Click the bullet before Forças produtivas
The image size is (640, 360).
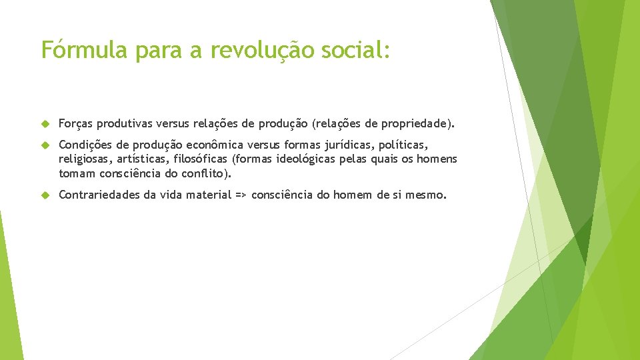[x=45, y=123]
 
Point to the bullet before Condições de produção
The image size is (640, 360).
[x=45, y=145]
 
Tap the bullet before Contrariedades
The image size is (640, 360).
[x=45, y=195]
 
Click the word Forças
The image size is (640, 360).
[x=75, y=123]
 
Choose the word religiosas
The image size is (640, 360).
[x=85, y=159]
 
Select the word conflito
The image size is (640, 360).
[x=205, y=174]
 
